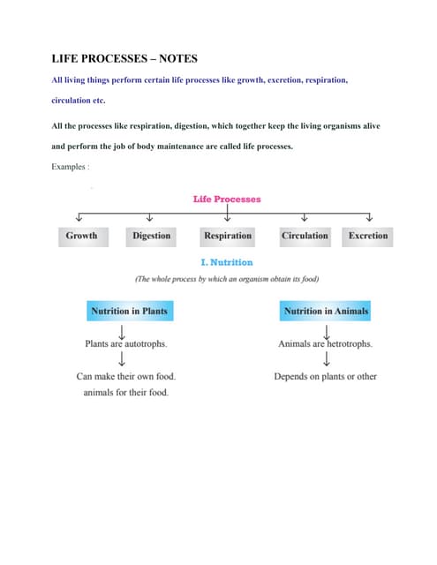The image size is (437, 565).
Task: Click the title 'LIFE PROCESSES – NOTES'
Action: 124,59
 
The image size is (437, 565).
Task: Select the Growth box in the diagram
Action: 81,236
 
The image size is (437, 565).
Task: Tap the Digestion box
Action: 151,236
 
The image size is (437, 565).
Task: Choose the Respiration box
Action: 227,236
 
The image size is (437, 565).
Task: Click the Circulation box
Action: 304,236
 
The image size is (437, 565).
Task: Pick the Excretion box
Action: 368,236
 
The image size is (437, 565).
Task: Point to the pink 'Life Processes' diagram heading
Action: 227,199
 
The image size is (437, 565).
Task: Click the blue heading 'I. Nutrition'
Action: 227,262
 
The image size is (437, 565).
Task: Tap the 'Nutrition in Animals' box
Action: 326,312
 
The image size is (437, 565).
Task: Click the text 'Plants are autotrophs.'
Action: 125,343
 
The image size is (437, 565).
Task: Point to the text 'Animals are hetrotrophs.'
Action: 325,343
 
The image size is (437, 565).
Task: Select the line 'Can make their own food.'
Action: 125,376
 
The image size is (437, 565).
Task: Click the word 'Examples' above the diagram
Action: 70,168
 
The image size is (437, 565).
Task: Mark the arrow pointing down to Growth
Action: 80,218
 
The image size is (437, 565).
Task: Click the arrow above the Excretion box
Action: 369,218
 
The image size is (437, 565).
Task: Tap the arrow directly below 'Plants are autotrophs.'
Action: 121,358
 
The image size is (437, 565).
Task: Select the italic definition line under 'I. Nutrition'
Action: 227,279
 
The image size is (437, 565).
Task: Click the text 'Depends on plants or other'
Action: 325,376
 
